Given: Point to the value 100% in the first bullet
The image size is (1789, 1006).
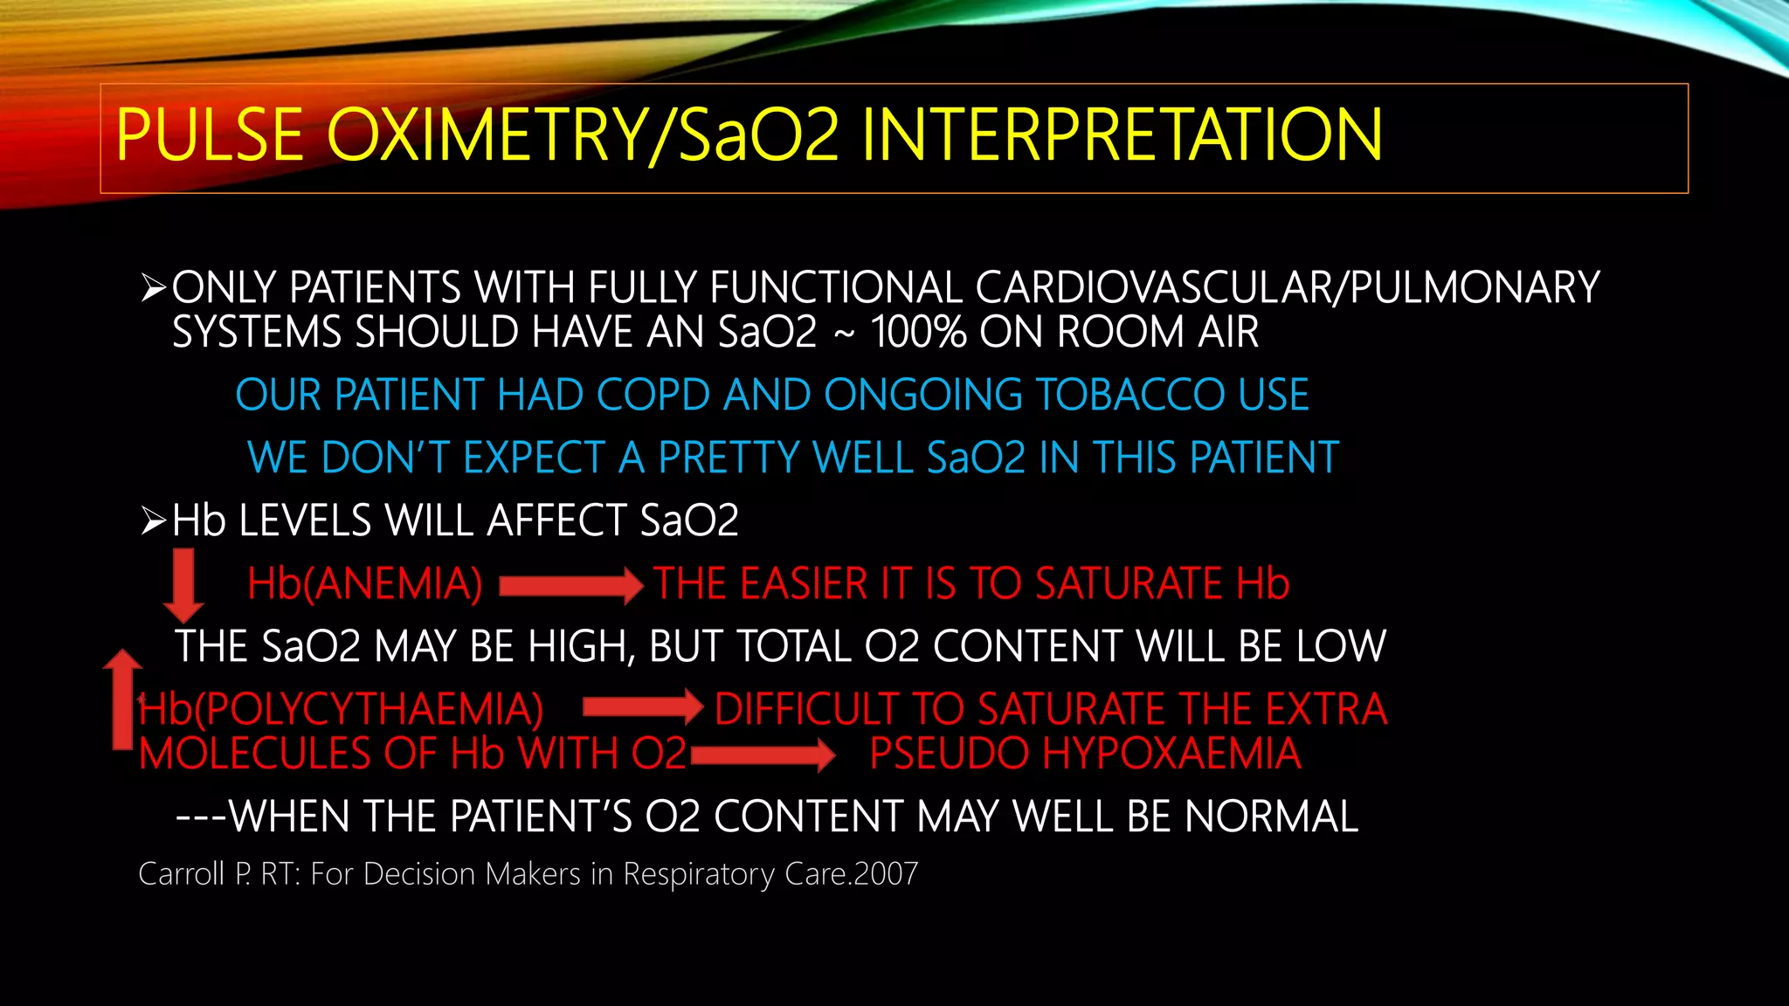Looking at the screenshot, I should click(x=918, y=333).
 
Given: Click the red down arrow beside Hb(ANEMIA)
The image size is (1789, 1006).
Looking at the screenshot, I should click(x=183, y=583).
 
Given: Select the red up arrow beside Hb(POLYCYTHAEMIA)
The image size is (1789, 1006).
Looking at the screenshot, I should click(x=123, y=699).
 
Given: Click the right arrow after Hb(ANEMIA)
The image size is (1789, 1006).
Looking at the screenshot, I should click(x=571, y=585).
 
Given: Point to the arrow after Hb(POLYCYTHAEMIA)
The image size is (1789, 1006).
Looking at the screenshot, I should click(x=643, y=706).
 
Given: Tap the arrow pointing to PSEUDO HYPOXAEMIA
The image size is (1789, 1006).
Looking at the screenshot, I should click(x=763, y=754).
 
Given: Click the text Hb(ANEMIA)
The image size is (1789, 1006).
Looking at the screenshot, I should click(x=364, y=583).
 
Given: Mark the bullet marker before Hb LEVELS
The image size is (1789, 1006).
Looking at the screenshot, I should click(x=153, y=521).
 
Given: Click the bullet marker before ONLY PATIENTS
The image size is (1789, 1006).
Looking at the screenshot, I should click(x=153, y=288).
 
